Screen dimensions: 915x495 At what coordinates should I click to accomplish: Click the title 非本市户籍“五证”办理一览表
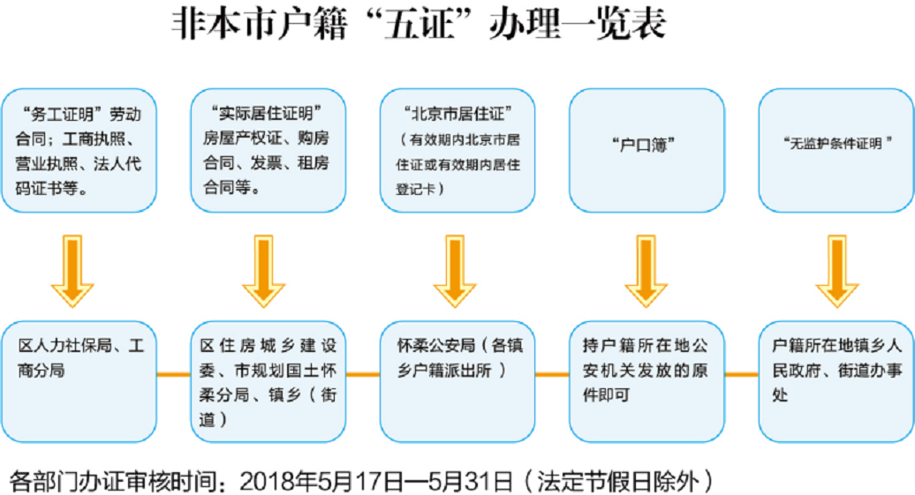click(419, 24)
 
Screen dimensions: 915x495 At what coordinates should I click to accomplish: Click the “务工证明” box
click(79, 150)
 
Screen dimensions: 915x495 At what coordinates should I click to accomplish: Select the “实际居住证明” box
click(268, 150)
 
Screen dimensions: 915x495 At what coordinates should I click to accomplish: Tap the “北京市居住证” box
click(457, 150)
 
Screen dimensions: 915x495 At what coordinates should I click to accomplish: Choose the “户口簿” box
click(647, 150)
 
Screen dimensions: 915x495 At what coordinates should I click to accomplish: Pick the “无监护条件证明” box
click(836, 150)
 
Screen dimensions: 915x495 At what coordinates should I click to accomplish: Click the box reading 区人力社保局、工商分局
click(79, 381)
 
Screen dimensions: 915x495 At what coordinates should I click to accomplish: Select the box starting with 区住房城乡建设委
click(268, 381)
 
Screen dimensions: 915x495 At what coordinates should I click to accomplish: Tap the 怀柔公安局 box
click(457, 381)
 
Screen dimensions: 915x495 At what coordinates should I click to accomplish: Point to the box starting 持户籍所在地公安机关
click(647, 381)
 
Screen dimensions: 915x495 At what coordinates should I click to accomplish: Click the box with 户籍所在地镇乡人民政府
click(836, 381)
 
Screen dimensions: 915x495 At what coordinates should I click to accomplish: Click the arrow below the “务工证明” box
click(72, 271)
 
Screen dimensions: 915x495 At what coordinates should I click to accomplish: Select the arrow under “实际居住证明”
click(264, 271)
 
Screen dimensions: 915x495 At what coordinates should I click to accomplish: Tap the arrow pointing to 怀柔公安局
click(455, 271)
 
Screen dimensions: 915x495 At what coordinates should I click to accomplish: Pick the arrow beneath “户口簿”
click(646, 271)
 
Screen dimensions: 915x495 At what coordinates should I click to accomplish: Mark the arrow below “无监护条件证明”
click(836, 271)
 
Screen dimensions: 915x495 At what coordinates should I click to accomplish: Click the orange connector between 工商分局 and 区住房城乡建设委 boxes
click(174, 374)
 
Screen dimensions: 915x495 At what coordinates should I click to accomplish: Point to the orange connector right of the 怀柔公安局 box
click(552, 374)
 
